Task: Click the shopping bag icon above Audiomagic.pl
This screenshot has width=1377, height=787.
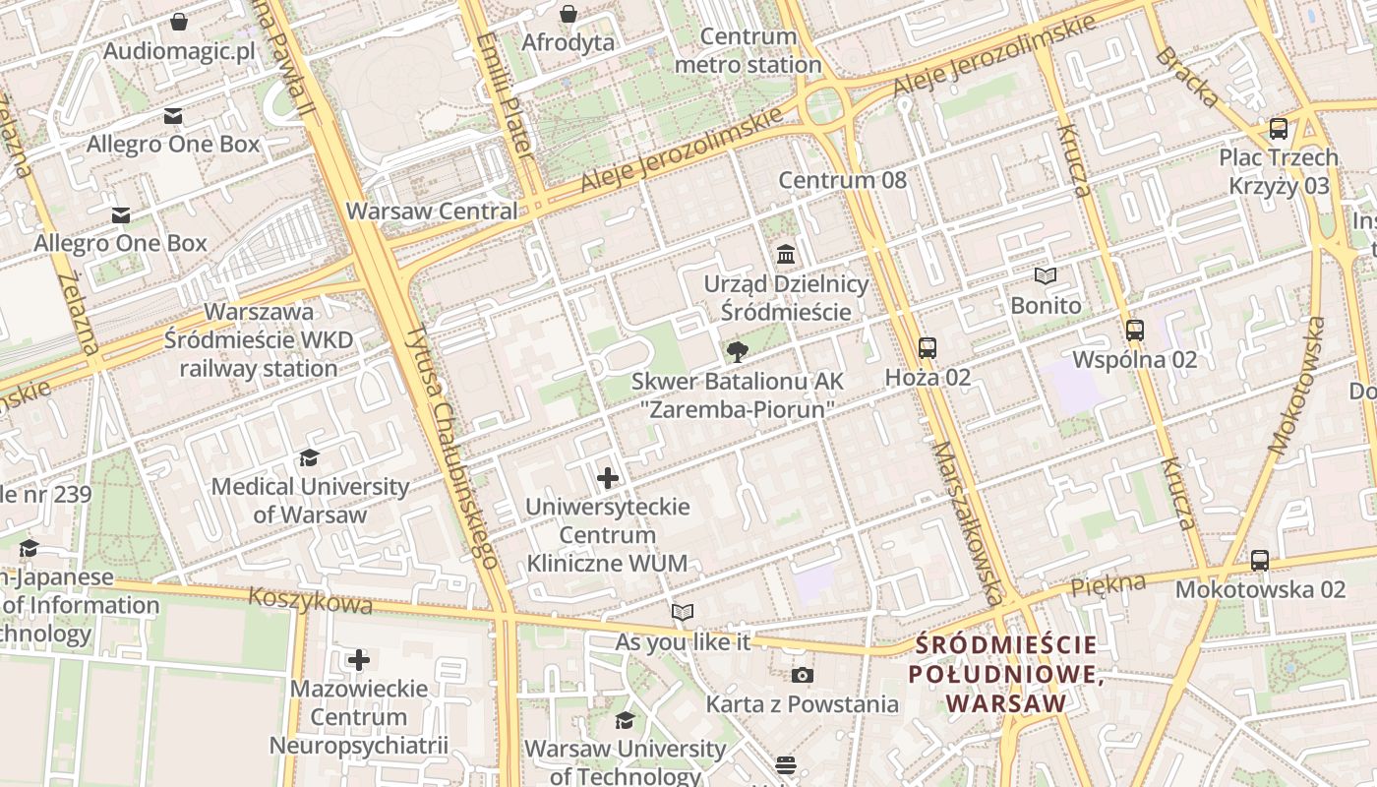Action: tap(179, 22)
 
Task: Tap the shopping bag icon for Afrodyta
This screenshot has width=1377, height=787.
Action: tap(568, 14)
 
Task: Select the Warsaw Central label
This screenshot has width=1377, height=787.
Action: tap(432, 212)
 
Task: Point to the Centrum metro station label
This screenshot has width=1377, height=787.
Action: tap(748, 51)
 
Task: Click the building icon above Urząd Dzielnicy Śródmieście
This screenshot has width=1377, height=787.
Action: tap(785, 256)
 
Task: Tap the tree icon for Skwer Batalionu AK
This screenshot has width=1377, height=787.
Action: tap(736, 352)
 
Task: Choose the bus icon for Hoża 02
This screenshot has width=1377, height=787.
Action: tap(927, 347)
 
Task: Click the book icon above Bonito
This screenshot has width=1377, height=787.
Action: tap(1045, 276)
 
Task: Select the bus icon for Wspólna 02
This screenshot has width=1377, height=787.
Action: tap(1134, 330)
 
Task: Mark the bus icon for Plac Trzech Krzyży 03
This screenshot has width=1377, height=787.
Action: tap(1278, 128)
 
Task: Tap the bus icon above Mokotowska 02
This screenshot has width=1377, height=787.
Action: tap(1259, 561)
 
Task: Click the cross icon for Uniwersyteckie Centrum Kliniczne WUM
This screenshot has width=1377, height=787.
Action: tap(608, 478)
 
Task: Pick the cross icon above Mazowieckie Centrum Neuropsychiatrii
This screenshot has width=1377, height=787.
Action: tap(359, 659)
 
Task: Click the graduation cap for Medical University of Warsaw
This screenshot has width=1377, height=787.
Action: tap(310, 457)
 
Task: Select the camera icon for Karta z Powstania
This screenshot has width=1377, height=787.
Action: tap(802, 675)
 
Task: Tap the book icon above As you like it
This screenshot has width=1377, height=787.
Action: tap(683, 613)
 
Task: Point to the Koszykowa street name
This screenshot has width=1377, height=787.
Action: tap(310, 599)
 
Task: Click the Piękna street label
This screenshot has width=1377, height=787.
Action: tap(1108, 584)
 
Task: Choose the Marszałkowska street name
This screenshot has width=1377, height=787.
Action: tap(968, 521)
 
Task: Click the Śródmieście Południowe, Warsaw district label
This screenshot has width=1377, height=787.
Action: tap(1003, 674)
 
